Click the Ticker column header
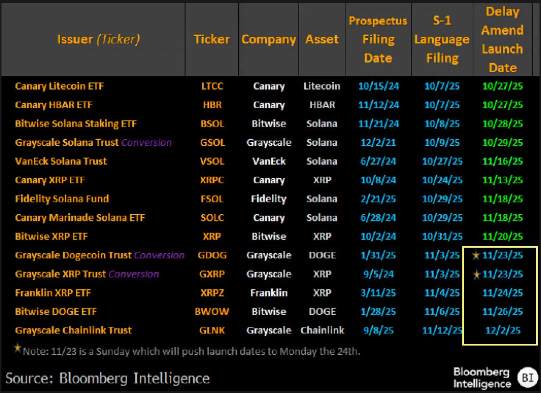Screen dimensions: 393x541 click(212, 39)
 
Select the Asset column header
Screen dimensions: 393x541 click(322, 39)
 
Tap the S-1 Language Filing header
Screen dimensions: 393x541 click(442, 39)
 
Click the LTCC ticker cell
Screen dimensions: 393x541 click(212, 86)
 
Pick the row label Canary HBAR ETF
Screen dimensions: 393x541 click(54, 105)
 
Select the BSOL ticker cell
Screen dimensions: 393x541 click(212, 124)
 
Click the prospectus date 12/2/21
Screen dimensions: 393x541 click(378, 142)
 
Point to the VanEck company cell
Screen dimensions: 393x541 click(269, 161)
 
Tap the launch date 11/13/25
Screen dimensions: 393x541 click(502, 180)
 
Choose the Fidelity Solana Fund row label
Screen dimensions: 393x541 click(62, 199)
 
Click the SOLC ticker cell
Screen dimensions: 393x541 click(212, 217)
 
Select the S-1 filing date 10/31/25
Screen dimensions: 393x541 click(442, 236)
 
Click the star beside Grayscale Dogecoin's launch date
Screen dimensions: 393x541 click(476, 255)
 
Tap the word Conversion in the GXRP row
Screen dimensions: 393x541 click(134, 274)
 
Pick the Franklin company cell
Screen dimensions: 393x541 click(269, 293)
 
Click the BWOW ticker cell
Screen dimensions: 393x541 click(212, 312)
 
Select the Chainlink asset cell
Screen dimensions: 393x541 click(322, 330)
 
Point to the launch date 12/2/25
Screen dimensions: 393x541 click(503, 330)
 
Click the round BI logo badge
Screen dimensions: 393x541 click(527, 377)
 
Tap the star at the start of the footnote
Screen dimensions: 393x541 click(17, 348)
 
